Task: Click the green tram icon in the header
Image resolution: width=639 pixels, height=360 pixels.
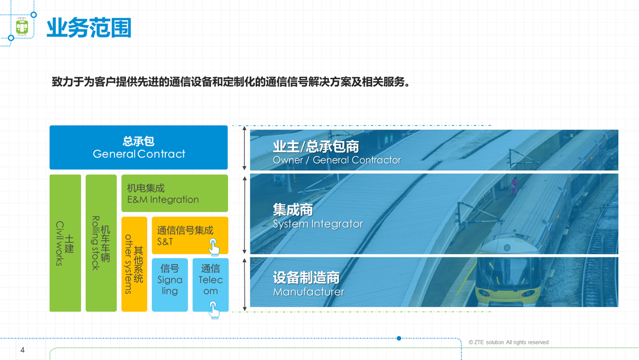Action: [x=22, y=27]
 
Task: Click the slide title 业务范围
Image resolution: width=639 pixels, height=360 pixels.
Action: [x=89, y=28]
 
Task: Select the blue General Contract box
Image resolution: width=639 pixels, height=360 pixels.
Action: [x=139, y=148]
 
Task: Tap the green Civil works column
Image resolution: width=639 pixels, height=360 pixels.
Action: [x=65, y=243]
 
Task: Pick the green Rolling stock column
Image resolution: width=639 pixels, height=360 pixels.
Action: [x=101, y=243]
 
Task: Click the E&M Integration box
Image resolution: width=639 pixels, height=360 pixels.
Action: [x=175, y=193]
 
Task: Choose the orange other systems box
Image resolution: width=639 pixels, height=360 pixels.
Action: [x=134, y=264]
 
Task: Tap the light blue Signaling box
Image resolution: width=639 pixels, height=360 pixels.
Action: [x=170, y=284]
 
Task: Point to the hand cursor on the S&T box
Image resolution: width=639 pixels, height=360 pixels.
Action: [x=214, y=247]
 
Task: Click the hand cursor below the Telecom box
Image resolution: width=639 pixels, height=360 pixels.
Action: [x=214, y=310]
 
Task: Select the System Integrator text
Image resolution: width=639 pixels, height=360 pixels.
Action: [x=318, y=224]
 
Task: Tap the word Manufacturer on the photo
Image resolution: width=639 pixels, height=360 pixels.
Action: [x=308, y=292]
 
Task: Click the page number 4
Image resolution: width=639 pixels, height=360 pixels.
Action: [x=22, y=350]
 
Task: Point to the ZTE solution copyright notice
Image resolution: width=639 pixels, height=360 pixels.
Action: [x=508, y=342]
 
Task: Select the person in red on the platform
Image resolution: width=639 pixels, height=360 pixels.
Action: [x=513, y=185]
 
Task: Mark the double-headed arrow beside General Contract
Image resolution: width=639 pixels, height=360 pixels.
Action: [x=245, y=148]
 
